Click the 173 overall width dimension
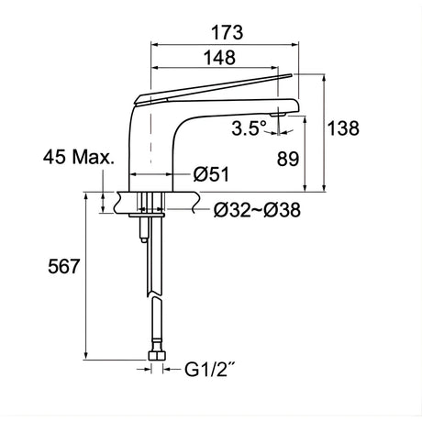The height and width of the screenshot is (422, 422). pyautogui.click(x=228, y=33)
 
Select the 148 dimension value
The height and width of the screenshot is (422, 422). pyautogui.click(x=219, y=58)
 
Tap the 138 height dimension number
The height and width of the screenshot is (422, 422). pyautogui.click(x=343, y=128)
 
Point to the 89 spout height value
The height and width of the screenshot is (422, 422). pyautogui.click(x=288, y=159)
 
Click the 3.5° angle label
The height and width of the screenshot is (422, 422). pyautogui.click(x=250, y=128)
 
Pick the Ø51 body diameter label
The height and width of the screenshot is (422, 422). pyautogui.click(x=211, y=174)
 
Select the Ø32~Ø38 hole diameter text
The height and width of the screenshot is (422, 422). pyautogui.click(x=257, y=210)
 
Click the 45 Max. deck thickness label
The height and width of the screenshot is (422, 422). pyautogui.click(x=79, y=158)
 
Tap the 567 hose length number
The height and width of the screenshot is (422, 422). pyautogui.click(x=63, y=266)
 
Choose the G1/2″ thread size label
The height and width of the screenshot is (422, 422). pyautogui.click(x=210, y=370)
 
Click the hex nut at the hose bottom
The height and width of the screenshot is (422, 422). pyautogui.click(x=157, y=356)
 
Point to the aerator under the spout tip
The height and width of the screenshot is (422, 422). pyautogui.click(x=278, y=115)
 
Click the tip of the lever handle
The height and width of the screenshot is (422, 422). pyautogui.click(x=292, y=74)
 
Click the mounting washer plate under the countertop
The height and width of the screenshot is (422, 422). pyautogui.click(x=147, y=216)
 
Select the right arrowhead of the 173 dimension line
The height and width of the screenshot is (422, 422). pyautogui.click(x=295, y=45)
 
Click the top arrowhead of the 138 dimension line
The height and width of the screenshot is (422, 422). pyautogui.click(x=325, y=77)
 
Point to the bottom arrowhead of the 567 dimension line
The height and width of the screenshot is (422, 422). pyautogui.click(x=86, y=356)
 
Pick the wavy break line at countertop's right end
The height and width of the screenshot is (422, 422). pyautogui.click(x=196, y=203)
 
